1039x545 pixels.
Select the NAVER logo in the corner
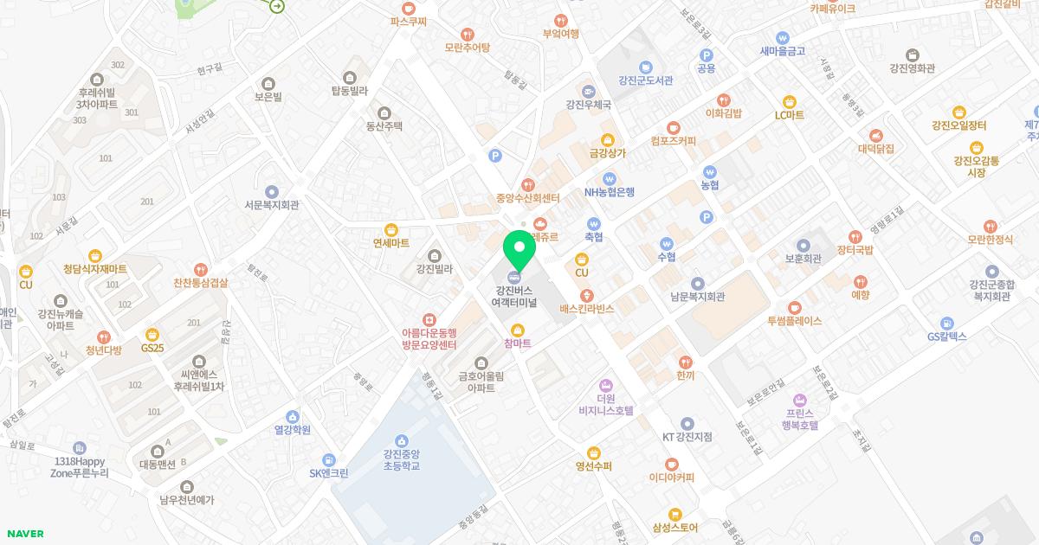coord(24,534)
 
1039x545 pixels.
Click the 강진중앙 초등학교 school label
coord(401,459)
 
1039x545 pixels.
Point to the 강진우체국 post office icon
coord(589,91)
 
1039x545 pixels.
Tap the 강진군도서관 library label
coord(645,81)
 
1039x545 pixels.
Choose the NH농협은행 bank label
coord(610,192)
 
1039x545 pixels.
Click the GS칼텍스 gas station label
coord(946,337)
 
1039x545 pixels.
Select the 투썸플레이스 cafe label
coord(794,320)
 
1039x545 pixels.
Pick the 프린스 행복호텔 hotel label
coord(800,419)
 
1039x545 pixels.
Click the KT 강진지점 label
coord(687,437)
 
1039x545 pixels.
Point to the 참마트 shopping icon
coord(518,330)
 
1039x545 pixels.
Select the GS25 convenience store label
coord(152,348)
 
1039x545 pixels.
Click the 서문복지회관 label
coord(272,205)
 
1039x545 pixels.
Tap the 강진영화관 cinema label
coord(912,68)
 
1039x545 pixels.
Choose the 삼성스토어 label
coord(675,527)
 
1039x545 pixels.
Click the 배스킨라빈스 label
coord(587,308)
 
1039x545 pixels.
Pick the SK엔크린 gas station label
coord(329,473)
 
